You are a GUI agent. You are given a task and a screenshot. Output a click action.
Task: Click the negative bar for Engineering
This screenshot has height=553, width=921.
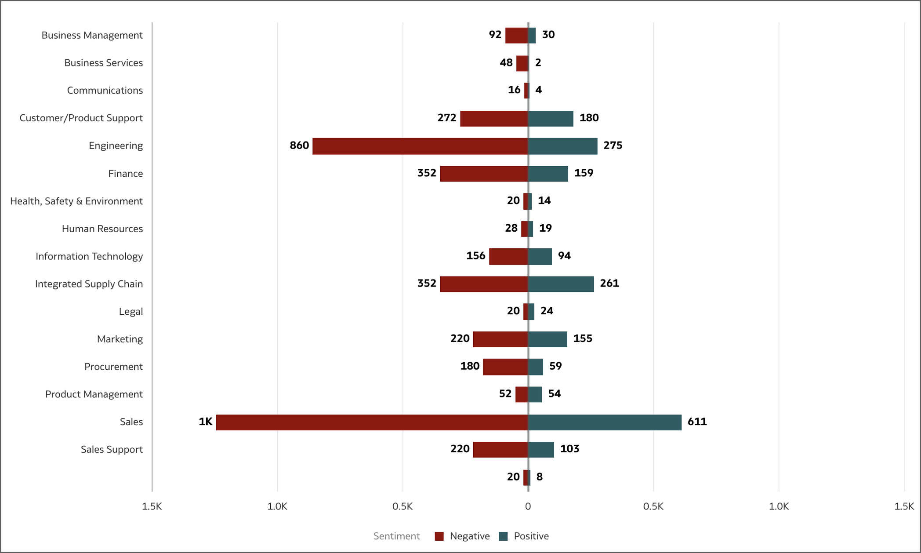pos(420,146)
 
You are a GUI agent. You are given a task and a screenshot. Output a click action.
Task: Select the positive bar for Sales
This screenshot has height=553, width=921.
pos(605,422)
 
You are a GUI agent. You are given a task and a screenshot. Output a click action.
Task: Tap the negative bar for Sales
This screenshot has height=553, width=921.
pos(372,422)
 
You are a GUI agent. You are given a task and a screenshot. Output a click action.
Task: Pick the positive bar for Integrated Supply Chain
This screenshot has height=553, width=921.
pos(561,284)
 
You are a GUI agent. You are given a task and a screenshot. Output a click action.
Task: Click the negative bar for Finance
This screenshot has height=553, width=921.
pos(484,174)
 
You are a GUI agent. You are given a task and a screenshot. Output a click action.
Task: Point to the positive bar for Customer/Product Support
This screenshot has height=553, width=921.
pos(551,118)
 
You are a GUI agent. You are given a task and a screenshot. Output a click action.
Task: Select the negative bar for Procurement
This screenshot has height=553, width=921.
pos(505,367)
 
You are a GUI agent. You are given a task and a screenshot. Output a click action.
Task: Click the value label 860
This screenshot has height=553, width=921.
pos(299,146)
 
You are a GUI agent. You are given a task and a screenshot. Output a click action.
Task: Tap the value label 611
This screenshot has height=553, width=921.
pos(697,422)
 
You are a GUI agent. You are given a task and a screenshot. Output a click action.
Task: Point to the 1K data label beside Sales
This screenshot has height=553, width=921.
pos(206,422)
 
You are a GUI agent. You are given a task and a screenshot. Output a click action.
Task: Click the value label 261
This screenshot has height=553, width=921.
pos(609,284)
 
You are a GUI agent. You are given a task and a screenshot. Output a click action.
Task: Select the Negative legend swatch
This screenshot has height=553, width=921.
pos(439,536)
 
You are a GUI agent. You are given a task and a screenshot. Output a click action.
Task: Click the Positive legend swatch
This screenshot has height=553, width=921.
pos(504,536)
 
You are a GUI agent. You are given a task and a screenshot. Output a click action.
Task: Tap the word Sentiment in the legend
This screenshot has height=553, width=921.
pos(396,536)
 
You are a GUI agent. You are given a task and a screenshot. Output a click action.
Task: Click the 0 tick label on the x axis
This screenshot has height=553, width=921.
pos(528,506)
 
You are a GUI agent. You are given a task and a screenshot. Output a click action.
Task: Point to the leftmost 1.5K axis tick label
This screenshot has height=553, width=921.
pos(152,506)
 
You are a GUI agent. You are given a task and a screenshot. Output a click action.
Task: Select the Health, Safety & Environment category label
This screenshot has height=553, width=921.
pos(76,201)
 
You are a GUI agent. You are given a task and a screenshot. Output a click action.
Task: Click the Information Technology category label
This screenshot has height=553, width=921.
pos(89,256)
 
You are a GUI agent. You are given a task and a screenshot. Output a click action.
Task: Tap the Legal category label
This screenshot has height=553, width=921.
pos(131,312)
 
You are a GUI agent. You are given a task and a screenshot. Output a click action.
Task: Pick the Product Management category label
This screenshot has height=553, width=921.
pos(94,394)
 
